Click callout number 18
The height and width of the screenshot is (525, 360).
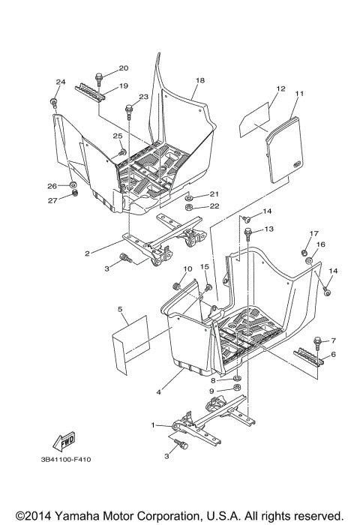(x=200, y=80)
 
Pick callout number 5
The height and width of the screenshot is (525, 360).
(x=120, y=309)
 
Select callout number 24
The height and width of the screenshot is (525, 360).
(x=61, y=82)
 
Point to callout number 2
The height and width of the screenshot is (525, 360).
(x=88, y=253)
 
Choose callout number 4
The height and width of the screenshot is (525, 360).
(x=159, y=391)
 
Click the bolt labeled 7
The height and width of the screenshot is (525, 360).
(x=318, y=343)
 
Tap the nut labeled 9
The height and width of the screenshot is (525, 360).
(x=235, y=391)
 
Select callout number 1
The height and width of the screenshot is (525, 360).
(x=154, y=425)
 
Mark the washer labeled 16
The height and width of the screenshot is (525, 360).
(x=308, y=260)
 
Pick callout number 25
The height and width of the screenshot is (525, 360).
(x=118, y=136)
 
